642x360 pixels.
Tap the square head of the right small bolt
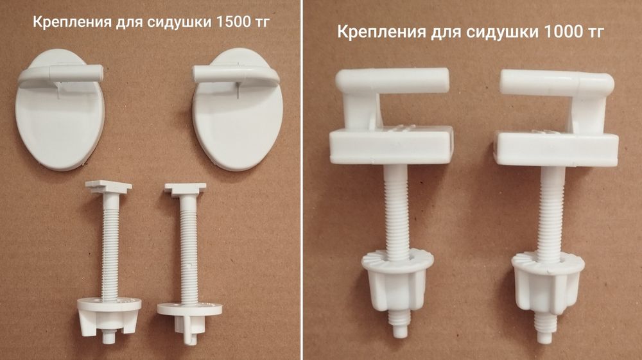(x=185, y=189)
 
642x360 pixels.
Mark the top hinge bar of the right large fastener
(x=555, y=81)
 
